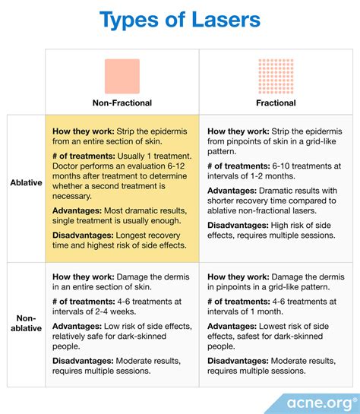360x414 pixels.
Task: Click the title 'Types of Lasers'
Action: (180, 21)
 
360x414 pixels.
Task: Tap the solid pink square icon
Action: (122, 75)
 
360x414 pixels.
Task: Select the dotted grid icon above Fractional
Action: (276, 75)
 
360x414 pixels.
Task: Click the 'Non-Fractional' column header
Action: (122, 103)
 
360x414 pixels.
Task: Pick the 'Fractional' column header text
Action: (276, 103)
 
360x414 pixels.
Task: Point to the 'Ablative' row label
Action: (25, 183)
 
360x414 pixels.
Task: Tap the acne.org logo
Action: (319, 400)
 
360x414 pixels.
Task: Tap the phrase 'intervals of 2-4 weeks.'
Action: (99, 312)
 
